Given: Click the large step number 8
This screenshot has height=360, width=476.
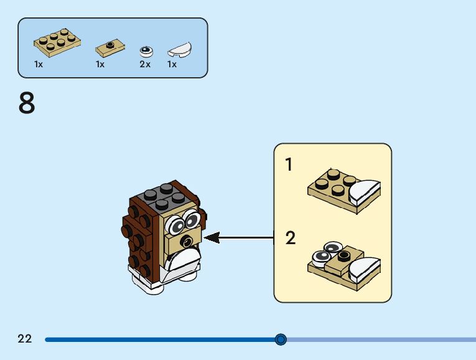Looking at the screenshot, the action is click(27, 103).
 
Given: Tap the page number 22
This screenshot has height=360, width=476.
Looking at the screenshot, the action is click(25, 338).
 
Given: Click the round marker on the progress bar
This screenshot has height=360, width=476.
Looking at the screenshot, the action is click(281, 339).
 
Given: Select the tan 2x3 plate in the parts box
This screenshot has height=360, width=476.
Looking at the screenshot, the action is click(57, 42).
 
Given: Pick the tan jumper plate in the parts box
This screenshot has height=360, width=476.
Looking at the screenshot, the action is click(110, 49).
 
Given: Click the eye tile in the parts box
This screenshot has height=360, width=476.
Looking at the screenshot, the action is click(146, 52).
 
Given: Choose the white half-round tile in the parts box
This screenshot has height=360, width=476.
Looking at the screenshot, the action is click(180, 50).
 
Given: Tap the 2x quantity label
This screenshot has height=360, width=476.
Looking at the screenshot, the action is click(145, 64).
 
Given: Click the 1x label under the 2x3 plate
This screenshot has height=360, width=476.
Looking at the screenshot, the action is click(39, 64).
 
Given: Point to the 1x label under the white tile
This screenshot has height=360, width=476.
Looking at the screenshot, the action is click(172, 64).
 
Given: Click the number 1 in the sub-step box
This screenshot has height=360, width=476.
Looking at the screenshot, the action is click(289, 164).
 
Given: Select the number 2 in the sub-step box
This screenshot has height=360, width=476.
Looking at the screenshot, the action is click(290, 238).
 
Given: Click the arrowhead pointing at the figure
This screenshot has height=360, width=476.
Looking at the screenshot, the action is click(212, 237).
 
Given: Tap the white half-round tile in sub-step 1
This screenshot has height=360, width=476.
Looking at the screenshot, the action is click(364, 192).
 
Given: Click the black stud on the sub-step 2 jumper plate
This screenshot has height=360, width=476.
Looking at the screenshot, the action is click(344, 256).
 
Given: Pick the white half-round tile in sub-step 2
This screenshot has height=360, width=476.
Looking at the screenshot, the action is click(364, 269).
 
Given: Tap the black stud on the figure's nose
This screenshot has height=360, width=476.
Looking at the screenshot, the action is click(186, 242).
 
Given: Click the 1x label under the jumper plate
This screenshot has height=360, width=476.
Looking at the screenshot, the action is click(100, 64).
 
